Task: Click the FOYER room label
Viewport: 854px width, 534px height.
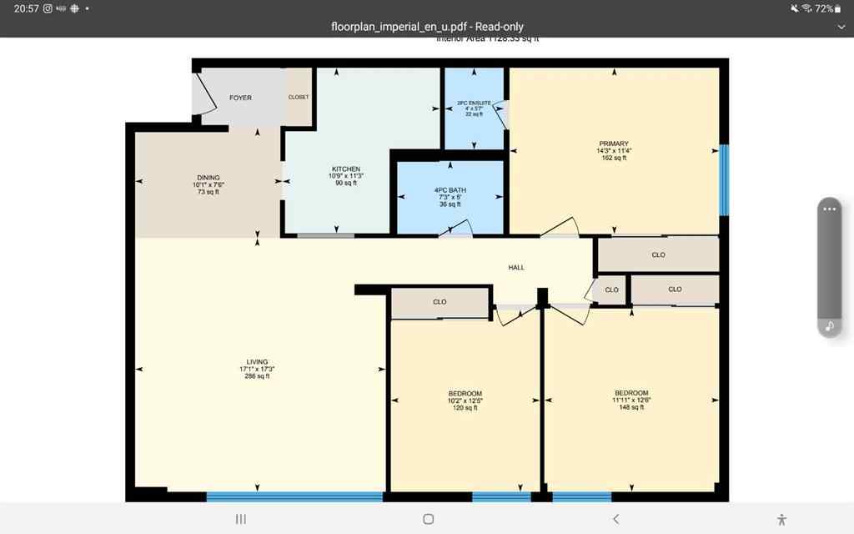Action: pos(240,98)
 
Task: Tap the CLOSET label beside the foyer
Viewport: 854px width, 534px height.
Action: pos(299,97)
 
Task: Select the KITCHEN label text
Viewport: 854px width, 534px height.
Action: pos(345,169)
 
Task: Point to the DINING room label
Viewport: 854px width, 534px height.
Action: pos(208,178)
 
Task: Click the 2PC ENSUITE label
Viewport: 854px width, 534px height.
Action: pos(474,103)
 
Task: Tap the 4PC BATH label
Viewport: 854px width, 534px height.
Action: pos(450,190)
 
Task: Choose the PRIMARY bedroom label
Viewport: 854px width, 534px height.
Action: pos(613,144)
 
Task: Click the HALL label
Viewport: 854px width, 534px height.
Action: pos(517,267)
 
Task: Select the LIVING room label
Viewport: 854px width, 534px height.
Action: pos(257,362)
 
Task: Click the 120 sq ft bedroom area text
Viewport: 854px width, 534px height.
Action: pos(465,408)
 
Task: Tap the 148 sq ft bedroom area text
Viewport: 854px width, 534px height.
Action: pos(631,407)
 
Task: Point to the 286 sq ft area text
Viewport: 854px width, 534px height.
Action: pos(257,376)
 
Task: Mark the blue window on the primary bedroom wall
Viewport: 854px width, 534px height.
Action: pos(724,179)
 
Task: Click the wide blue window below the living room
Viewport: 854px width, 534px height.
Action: pos(294,496)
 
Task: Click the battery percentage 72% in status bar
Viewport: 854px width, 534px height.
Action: pos(826,8)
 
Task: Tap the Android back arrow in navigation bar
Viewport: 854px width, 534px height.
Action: pos(615,519)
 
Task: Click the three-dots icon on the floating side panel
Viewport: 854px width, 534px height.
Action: pos(829,209)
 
